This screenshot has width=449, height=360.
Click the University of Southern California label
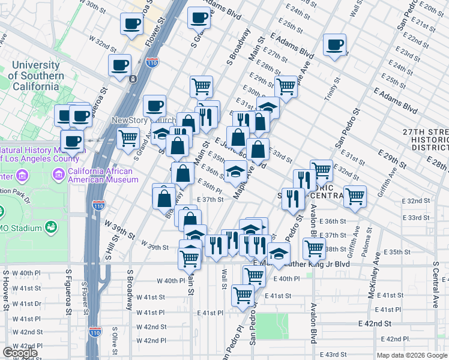(37, 76)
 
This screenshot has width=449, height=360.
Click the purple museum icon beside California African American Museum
(59, 175)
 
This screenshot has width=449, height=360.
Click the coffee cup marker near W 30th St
(131, 25)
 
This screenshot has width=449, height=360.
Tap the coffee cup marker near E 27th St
(334, 45)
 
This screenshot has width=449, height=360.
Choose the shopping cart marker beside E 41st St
(243, 295)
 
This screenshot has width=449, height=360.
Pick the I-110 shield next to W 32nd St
(152, 62)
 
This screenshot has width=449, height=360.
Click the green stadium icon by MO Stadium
(52, 227)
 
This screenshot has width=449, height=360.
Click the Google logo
(20, 353)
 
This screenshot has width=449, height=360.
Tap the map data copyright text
(412, 355)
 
